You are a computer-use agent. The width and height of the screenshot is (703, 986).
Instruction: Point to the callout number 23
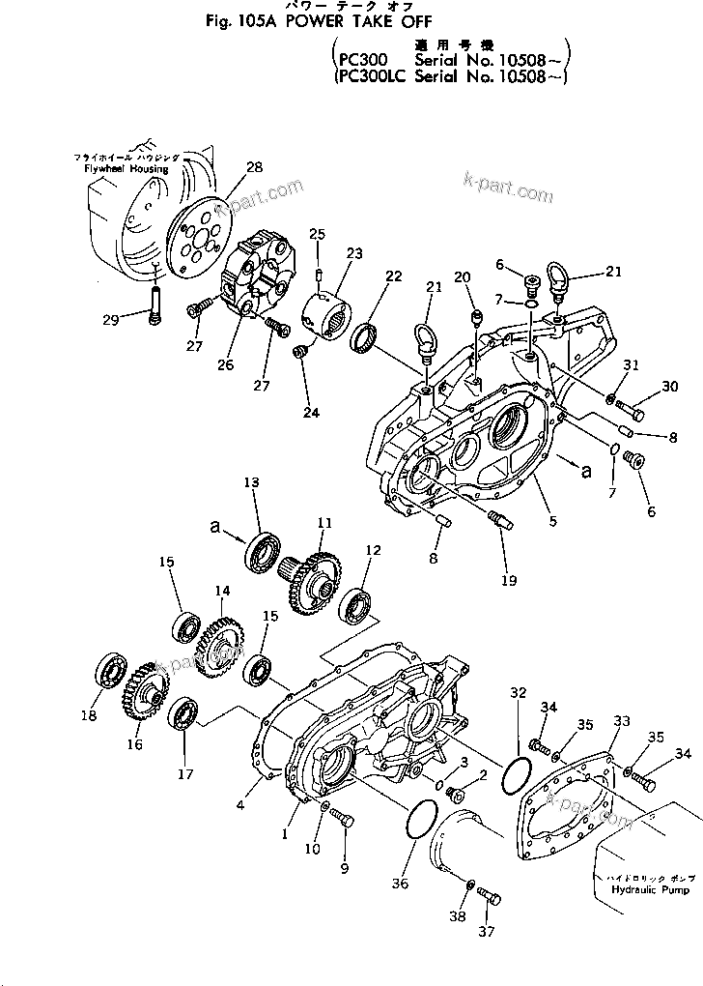pyautogui.click(x=355, y=253)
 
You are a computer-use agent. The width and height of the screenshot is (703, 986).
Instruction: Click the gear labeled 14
pyautogui.click(x=219, y=636)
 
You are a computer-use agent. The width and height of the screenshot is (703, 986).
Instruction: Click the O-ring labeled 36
pyautogui.click(x=420, y=821)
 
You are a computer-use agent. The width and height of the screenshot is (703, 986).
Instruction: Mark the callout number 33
pyautogui.click(x=622, y=721)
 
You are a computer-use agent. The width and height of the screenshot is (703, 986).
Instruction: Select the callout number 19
pyautogui.click(x=508, y=580)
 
